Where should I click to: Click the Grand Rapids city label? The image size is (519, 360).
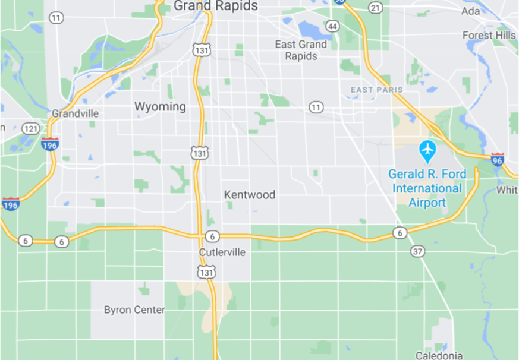pos(216,6)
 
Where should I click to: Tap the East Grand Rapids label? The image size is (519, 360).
pos(301,50)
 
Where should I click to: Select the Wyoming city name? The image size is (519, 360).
pos(160,107)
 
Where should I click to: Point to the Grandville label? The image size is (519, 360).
pos(76,113)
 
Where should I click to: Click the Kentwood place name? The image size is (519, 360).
pos(250,195)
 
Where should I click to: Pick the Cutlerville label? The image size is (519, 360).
pos(222,252)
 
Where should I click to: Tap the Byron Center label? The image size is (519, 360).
pos(134,310)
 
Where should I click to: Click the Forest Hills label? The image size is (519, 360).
pos(489,36)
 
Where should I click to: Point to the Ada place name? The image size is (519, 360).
pos(470,11)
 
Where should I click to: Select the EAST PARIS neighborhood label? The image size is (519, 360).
pos(377,90)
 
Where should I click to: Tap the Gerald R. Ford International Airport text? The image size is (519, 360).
pos(427,188)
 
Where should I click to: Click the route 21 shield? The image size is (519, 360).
pos(375,8)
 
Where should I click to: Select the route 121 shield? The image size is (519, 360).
pos(30,128)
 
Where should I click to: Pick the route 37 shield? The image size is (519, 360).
pos(417,251)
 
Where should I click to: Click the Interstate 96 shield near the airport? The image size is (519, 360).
pos(498,159)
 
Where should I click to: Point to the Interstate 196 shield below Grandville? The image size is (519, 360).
pos(50,143)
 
